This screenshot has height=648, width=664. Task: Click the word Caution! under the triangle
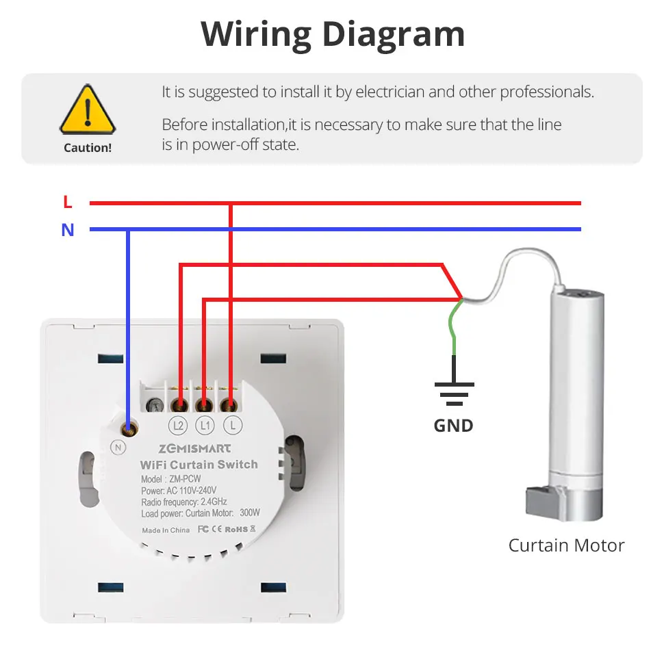click(x=87, y=148)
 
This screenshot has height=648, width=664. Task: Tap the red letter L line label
click(x=67, y=203)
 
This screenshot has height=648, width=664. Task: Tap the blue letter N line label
click(x=67, y=230)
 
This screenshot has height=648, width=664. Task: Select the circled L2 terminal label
click(x=179, y=426)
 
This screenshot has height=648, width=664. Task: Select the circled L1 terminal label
click(x=205, y=426)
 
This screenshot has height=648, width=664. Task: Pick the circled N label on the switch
click(x=118, y=447)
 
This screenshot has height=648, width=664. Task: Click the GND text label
click(x=453, y=426)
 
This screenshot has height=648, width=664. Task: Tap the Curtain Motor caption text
click(x=566, y=545)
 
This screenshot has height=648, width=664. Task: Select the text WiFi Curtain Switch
click(x=199, y=465)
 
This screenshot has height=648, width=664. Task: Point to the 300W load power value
click(x=250, y=513)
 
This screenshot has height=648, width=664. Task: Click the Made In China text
click(x=166, y=530)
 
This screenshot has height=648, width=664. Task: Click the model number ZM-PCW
click(x=183, y=479)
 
